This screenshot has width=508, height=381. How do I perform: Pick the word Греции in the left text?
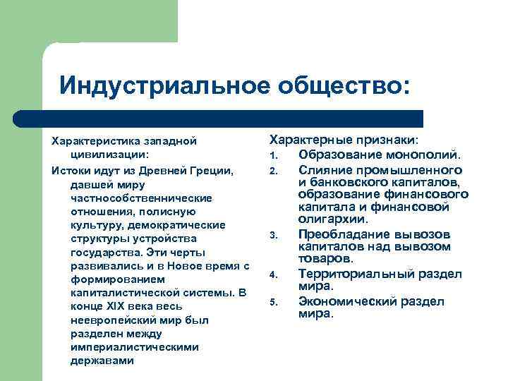pyautogui.click(x=211, y=171)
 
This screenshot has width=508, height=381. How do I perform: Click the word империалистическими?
pyautogui.click(x=134, y=346)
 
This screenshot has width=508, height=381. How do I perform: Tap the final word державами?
pyautogui.click(x=102, y=360)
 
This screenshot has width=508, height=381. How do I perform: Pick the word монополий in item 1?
pyautogui.click(x=427, y=155)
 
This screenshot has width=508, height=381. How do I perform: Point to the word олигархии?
pyautogui.click(x=333, y=219)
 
